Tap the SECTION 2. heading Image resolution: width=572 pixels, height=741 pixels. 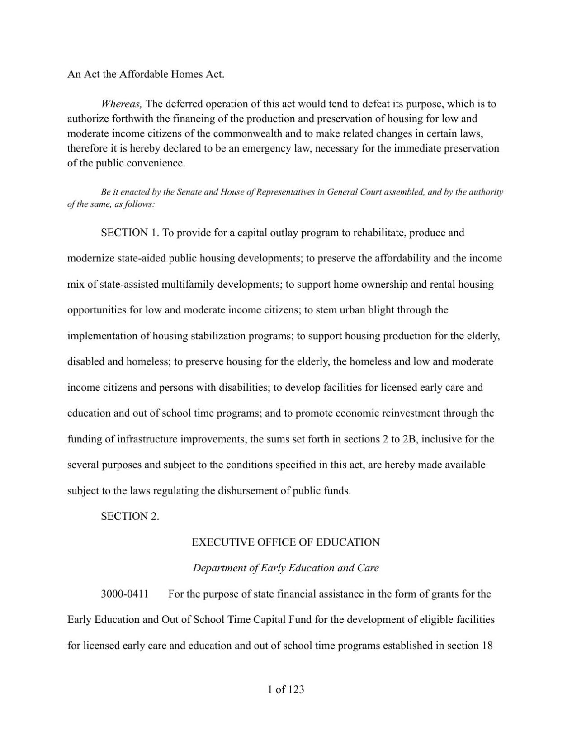tap(130, 517)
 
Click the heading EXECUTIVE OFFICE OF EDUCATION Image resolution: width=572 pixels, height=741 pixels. tap(286, 542)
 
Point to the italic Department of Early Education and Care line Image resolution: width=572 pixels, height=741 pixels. tap(286, 568)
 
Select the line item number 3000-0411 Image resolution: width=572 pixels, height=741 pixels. tap(125, 594)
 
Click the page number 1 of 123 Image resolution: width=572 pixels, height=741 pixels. tap(286, 689)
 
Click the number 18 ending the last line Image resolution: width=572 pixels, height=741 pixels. tap(487, 646)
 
